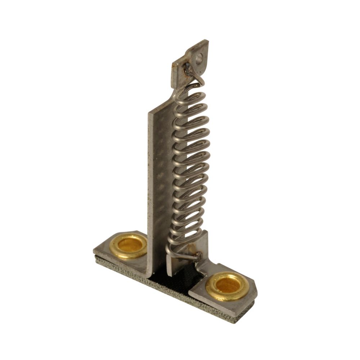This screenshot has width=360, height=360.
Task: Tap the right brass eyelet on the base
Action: (x=227, y=286)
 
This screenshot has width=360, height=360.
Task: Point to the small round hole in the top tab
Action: (x=199, y=57)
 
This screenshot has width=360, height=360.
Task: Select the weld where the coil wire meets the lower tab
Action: (x=197, y=256)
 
